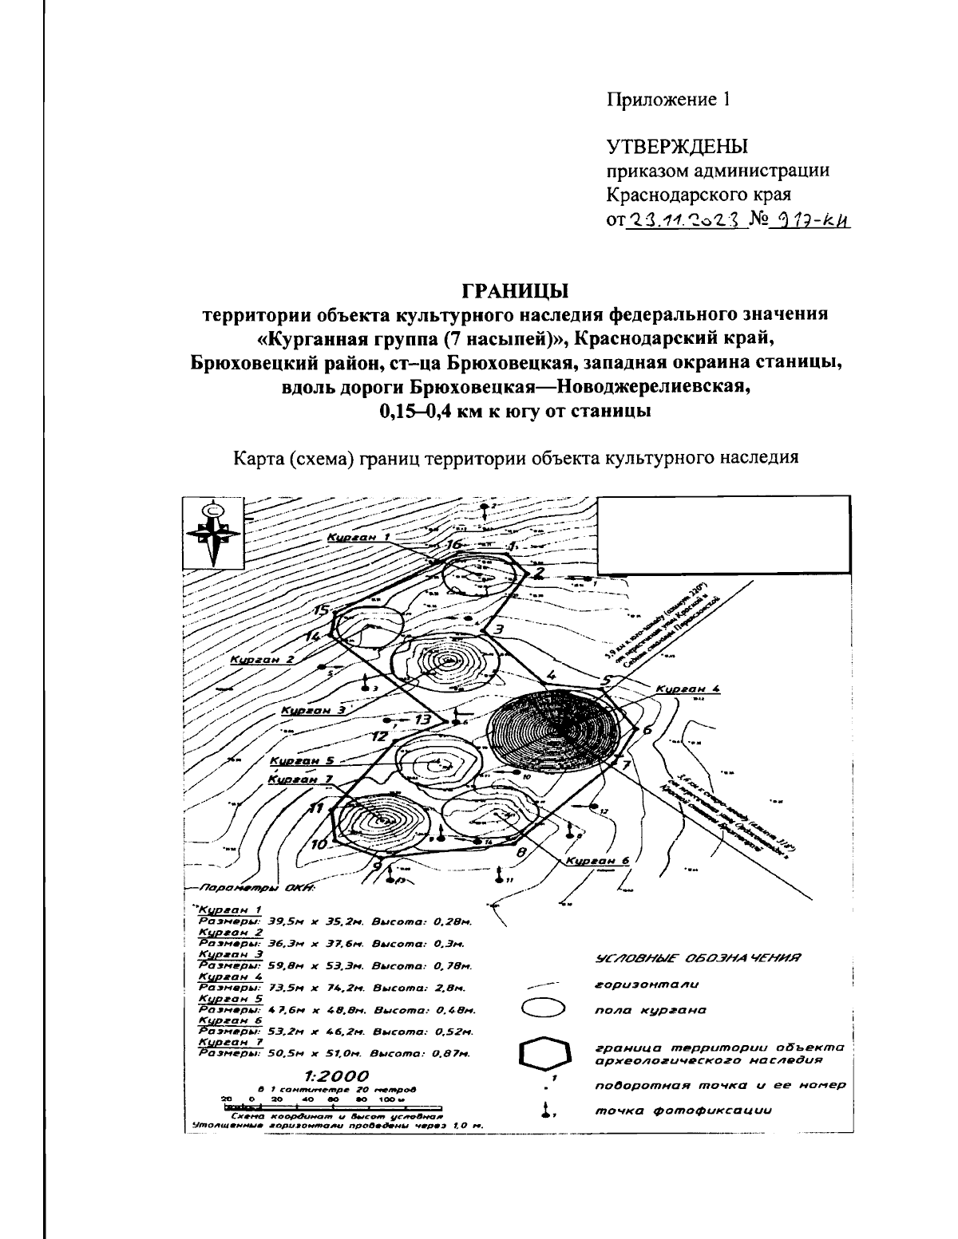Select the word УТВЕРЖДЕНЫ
point(677,148)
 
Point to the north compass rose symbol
point(212,532)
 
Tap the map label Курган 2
point(262,659)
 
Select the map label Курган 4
point(687,688)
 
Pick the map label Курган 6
point(598,861)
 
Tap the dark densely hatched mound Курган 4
point(554,728)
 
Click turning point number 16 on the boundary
point(454,545)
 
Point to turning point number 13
point(423,720)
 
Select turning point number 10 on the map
point(319,844)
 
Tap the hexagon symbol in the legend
point(545,1055)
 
